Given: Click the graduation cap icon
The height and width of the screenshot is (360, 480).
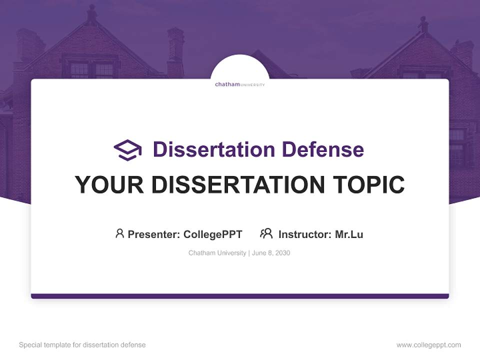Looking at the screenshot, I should click(x=127, y=150).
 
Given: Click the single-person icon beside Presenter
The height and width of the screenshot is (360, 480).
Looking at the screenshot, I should click(x=119, y=233).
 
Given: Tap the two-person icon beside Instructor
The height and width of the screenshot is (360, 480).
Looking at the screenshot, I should click(x=266, y=233).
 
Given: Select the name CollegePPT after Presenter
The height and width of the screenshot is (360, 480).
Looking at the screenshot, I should click(x=212, y=234).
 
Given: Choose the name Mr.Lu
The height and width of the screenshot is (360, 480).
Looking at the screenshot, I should click(x=349, y=234).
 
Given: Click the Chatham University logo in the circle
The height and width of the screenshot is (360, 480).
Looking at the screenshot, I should click(x=240, y=84).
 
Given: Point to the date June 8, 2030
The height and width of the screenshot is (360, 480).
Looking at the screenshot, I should click(x=271, y=253).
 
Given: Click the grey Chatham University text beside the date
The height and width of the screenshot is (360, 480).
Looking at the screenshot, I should click(x=217, y=253).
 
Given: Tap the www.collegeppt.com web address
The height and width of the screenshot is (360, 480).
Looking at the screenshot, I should click(x=428, y=345).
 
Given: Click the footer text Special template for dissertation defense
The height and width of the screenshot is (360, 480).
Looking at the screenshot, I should click(x=82, y=345).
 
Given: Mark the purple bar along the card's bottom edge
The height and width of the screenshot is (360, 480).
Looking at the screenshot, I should click(x=240, y=296).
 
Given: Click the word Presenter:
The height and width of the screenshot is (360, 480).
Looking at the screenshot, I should click(x=154, y=234).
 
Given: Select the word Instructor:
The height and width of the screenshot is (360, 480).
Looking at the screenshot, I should click(x=305, y=234).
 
